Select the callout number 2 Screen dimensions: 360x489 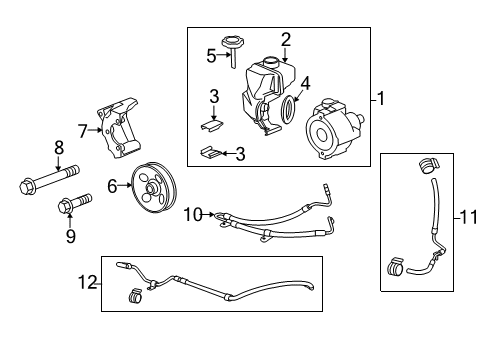286,40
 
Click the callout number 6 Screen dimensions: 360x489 111,185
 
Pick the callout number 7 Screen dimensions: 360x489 82,129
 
